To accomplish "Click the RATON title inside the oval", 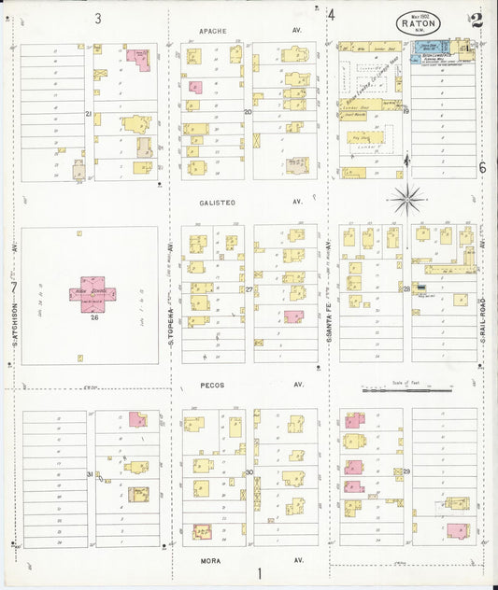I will [x=417, y=18].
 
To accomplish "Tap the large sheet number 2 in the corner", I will [x=477, y=20].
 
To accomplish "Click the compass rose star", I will [x=407, y=198].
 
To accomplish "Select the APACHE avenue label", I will [x=213, y=31].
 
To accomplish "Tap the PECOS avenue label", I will [x=212, y=385].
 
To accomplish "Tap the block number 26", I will [x=93, y=317].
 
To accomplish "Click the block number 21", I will [x=89, y=114].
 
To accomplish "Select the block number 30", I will [x=249, y=472].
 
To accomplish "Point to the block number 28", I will [x=406, y=289].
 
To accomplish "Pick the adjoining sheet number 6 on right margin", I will [x=482, y=168].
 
